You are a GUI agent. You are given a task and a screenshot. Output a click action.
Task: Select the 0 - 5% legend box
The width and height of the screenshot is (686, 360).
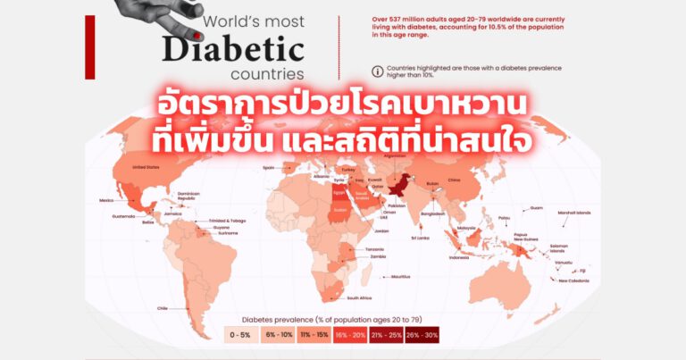coord(241,335)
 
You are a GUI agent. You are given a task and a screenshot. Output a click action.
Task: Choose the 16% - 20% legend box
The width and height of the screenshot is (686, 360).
coord(350,335)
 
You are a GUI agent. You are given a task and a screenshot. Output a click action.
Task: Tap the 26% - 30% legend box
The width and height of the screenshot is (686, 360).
coord(422,335)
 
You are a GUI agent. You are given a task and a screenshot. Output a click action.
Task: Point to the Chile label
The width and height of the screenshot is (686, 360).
coord(163,308)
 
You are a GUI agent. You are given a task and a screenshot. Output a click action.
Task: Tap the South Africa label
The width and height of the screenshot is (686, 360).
coord(364,297)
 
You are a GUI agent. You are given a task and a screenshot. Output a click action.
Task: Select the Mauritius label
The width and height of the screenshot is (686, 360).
coord(401,276)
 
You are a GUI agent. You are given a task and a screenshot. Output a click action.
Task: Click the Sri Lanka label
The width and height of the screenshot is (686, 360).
coord(421,238)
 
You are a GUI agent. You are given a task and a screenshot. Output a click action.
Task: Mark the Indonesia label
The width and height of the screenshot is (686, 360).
coord(458,257)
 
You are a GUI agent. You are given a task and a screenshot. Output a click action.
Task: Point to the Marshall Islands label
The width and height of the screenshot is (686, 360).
coord(599,213)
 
